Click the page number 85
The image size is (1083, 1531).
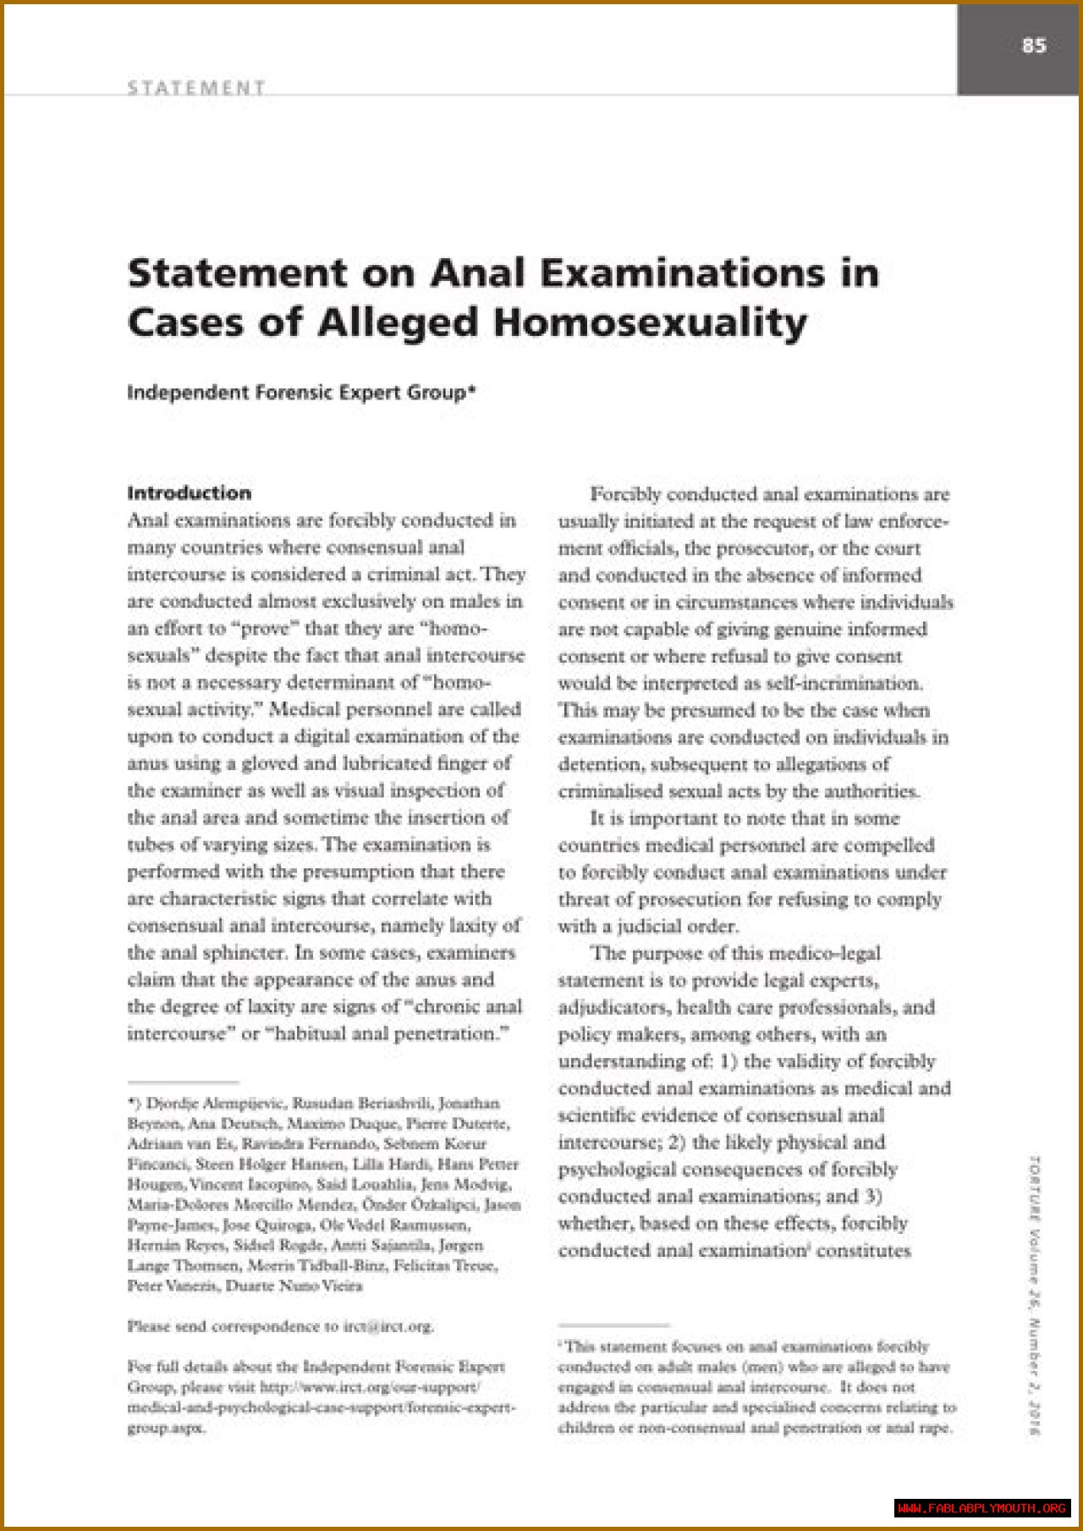tap(1034, 46)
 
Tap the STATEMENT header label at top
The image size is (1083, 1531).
tap(196, 87)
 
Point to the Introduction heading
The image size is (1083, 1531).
tap(190, 493)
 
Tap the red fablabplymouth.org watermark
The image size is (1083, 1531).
tap(982, 1508)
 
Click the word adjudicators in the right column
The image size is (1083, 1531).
tap(613, 1007)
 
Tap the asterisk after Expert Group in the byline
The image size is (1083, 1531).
tap(471, 390)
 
